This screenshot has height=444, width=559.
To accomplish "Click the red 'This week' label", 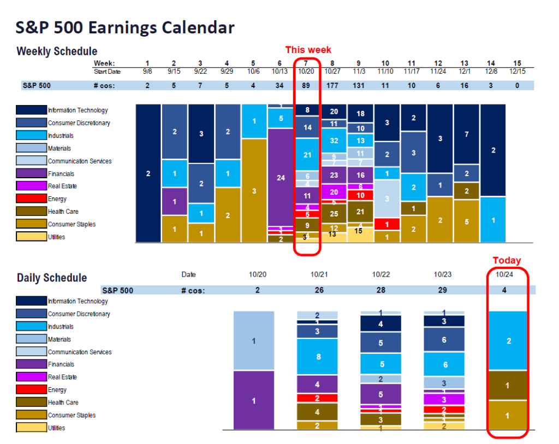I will [308, 50].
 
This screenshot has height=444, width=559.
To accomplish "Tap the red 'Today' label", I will [507, 260].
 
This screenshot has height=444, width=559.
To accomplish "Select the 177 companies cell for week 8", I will [334, 85].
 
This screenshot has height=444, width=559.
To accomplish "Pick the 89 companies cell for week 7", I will [307, 85].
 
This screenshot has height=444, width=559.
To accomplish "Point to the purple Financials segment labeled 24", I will [281, 177].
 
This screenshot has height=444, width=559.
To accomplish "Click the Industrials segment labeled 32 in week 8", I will [334, 141].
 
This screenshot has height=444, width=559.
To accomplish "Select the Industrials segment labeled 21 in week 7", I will [307, 155].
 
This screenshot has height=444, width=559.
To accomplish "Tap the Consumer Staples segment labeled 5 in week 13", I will [466, 222].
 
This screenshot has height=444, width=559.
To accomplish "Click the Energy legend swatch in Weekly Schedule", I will [31, 199].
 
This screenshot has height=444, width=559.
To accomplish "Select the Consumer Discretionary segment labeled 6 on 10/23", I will [444, 340].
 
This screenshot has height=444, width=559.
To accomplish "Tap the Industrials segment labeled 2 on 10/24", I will [509, 341].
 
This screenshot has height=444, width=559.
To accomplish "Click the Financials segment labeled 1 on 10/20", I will [253, 401].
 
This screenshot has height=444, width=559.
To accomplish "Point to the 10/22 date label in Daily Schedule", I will [380, 274].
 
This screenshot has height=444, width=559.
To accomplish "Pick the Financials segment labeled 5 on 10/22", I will [380, 394].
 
